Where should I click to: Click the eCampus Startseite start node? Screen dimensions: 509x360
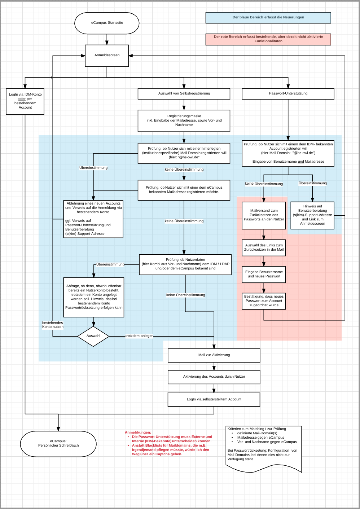tap(107, 23)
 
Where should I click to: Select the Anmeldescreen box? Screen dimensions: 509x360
tap(107, 56)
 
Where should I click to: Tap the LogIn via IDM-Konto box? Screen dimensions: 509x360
tap(25, 101)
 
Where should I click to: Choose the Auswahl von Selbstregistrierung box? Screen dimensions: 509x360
tap(184, 94)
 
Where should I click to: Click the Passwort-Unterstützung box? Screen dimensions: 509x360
tap(288, 94)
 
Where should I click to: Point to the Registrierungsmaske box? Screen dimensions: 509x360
tap(184, 121)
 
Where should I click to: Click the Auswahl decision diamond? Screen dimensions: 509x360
tap(93, 336)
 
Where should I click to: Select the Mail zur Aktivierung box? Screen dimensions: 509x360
tap(214, 355)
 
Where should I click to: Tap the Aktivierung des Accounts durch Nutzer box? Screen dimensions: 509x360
tap(214, 377)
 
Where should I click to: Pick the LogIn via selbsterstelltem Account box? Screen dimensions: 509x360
tap(214, 399)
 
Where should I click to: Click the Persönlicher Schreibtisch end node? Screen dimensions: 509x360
tap(58, 444)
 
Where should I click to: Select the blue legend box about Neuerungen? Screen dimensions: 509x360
tap(268, 18)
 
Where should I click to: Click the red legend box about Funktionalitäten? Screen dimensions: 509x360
tap(268, 39)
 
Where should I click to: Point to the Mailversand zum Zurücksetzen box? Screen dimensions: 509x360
tap(264, 215)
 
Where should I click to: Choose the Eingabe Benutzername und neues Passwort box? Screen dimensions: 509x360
tap(264, 274)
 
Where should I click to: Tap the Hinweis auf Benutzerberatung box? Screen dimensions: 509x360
tap(312, 215)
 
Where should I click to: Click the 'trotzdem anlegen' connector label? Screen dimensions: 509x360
tap(139, 336)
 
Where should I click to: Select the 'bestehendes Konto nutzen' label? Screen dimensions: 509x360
tap(53, 325)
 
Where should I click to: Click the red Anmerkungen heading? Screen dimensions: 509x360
tap(138, 433)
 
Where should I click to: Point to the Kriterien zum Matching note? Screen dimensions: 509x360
tap(264, 447)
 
